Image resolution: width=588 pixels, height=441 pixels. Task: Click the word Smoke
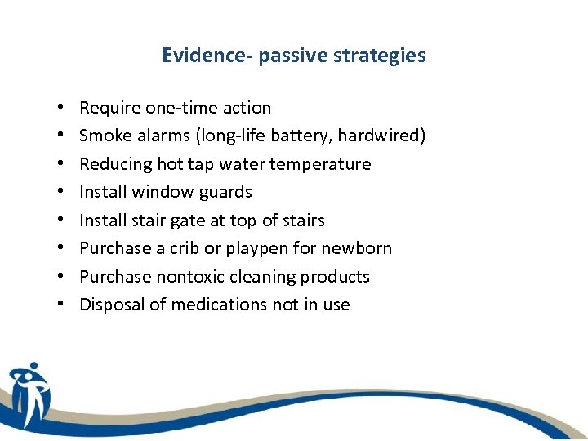(x=103, y=136)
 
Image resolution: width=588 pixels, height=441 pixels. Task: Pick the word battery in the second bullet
(x=301, y=136)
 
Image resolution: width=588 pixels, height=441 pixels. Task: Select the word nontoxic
(x=187, y=277)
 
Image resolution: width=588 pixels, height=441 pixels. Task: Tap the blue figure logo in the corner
(x=29, y=394)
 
